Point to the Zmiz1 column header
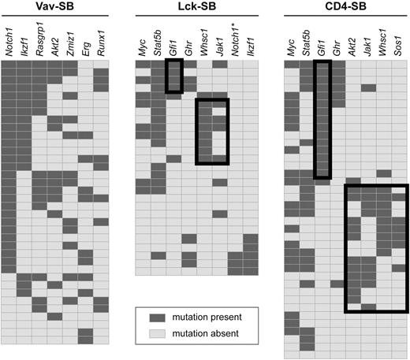(70, 43)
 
